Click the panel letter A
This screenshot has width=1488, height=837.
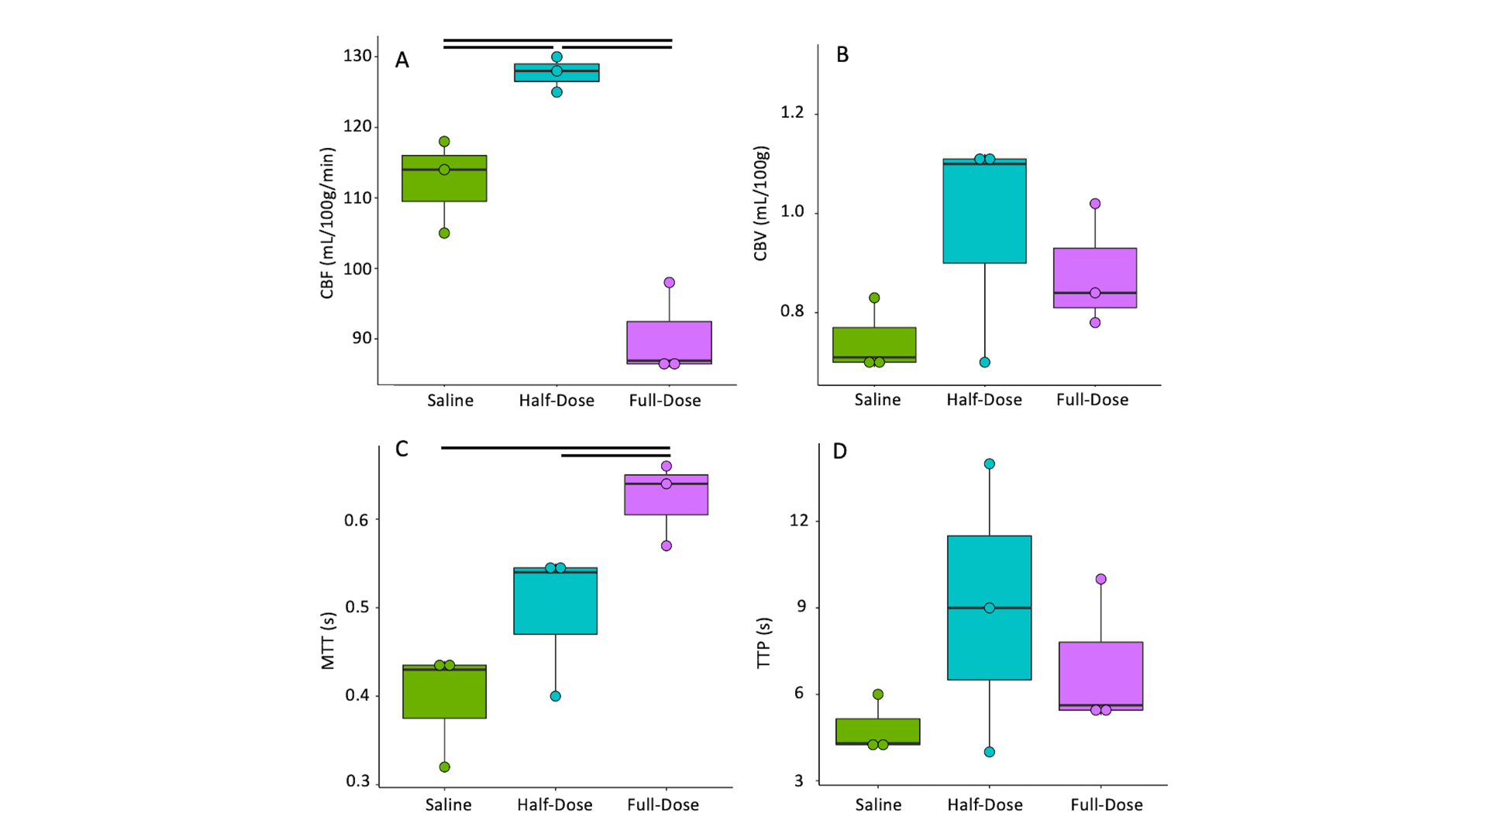401,60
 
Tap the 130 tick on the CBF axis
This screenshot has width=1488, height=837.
358,56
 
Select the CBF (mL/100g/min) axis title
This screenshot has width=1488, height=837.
327,223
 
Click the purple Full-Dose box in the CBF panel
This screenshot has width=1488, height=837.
669,342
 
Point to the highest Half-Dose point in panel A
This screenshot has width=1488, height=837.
556,57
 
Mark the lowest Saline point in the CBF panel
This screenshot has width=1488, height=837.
444,233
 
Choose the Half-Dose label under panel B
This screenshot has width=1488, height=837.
983,400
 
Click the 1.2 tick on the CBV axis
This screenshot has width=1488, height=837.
792,112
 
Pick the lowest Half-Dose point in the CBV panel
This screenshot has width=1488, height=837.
984,362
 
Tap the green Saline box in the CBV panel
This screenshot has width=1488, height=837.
874,344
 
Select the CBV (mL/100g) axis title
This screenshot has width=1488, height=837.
760,203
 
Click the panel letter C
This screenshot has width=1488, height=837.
401,449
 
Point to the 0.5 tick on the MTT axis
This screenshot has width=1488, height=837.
356,607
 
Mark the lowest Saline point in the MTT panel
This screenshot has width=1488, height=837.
445,767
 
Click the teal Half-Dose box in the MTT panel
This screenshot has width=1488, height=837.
556,601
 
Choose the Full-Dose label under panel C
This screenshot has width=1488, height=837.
663,805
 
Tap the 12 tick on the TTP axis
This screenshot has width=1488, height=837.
798,520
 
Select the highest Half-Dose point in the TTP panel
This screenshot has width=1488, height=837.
990,464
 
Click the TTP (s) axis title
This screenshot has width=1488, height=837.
763,643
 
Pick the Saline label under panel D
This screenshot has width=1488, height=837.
878,805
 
